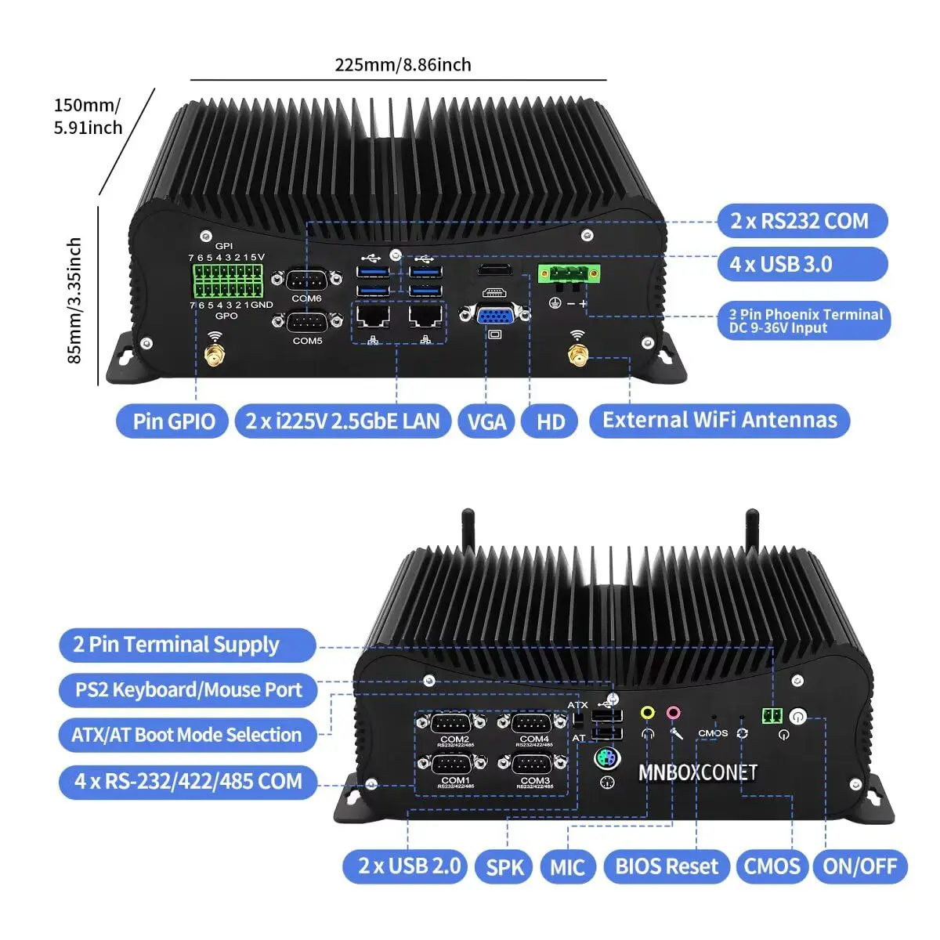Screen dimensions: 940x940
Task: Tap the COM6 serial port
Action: (306, 279)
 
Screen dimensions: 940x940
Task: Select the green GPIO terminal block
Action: (227, 280)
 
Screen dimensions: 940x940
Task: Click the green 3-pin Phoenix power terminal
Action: (569, 275)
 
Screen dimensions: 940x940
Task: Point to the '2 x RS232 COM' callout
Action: (801, 222)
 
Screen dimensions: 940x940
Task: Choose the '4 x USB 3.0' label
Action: (801, 264)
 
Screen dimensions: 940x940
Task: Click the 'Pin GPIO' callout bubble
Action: (173, 421)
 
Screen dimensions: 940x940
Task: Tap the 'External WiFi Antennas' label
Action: (719, 421)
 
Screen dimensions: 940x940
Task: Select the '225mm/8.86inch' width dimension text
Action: (403, 65)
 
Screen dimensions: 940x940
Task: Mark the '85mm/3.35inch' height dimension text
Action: (74, 301)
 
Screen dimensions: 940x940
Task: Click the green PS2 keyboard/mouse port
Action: (605, 758)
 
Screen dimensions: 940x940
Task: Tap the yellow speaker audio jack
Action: (648, 713)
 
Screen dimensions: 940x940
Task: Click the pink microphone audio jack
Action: (673, 713)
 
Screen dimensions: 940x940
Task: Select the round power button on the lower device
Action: (798, 715)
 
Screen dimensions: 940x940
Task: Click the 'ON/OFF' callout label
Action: (859, 866)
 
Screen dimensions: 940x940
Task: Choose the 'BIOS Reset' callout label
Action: (666, 866)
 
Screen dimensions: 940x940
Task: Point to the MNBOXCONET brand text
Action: (697, 772)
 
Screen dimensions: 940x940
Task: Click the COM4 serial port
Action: (533, 723)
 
